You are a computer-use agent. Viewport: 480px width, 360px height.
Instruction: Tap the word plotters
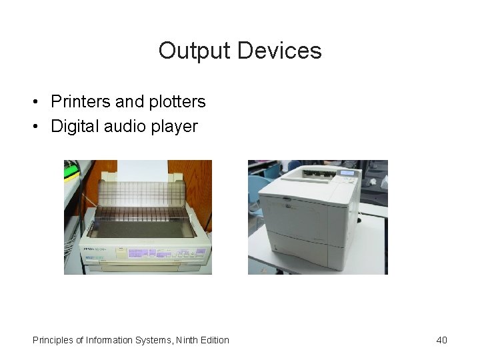[175, 102]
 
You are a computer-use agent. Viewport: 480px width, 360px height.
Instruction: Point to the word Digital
[75, 126]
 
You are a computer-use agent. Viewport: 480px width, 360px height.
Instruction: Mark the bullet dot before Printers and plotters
[34, 103]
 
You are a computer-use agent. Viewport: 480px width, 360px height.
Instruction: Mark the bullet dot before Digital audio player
[34, 127]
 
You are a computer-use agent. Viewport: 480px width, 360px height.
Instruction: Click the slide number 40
[441, 340]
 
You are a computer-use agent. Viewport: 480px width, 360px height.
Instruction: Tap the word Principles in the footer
[53, 340]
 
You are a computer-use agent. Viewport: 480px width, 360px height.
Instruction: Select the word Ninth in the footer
[189, 340]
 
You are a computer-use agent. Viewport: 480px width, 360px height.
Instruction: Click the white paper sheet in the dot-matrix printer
[142, 170]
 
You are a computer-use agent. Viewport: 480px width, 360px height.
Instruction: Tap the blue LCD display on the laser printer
[347, 173]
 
